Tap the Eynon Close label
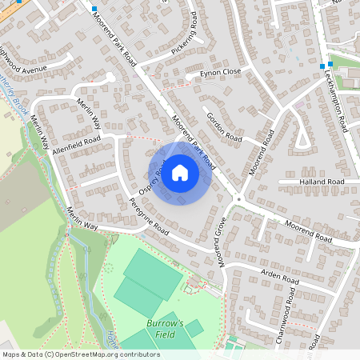pos(214,73)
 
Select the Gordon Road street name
pos(223,125)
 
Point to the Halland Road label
pos(322,182)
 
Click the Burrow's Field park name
pos(165,328)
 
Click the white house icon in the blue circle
pos(180,172)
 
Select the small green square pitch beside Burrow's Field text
pos(194,327)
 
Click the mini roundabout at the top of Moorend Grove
pos(238,200)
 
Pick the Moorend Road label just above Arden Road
pos(308,234)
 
